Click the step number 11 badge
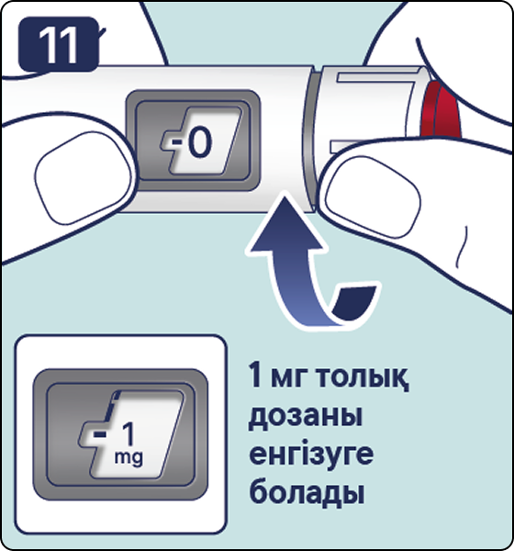click(59, 44)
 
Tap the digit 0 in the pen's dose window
click(199, 142)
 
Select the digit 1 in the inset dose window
click(128, 433)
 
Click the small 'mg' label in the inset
click(128, 458)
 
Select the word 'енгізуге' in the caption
click(310, 455)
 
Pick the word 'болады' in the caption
click(306, 491)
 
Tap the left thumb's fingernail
click(84, 178)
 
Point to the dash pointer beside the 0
click(178, 142)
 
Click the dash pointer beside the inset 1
click(100, 434)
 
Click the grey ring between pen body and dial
click(308, 140)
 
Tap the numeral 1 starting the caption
click(256, 376)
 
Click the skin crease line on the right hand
click(462, 248)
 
